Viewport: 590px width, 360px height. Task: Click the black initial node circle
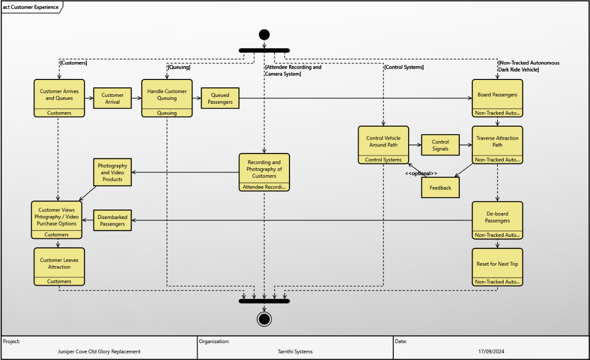(264, 35)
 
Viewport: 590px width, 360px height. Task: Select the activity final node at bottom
(264, 318)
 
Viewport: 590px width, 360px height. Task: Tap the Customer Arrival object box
(113, 98)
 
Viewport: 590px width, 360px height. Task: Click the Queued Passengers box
(220, 98)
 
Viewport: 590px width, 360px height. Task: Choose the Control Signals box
(441, 145)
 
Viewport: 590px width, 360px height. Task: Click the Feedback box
(441, 188)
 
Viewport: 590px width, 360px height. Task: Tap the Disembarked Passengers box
(113, 220)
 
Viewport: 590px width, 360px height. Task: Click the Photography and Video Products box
(113, 172)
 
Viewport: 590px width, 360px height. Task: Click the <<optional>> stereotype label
(421, 173)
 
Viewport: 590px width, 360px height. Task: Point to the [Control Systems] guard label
(404, 67)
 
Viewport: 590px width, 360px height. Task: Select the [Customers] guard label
(74, 63)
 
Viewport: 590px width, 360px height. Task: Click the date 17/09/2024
(491, 352)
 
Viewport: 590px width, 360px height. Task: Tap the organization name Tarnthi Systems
(295, 352)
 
